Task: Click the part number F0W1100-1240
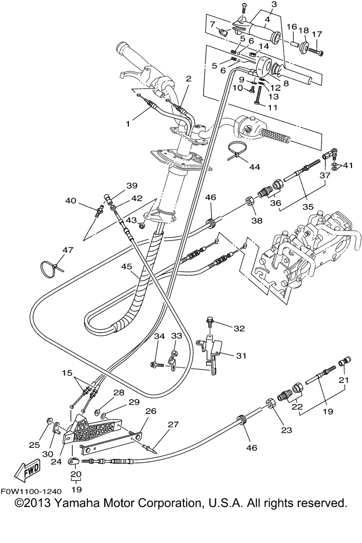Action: [x=31, y=491]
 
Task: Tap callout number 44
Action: [x=254, y=167]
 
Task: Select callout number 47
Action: [x=68, y=250]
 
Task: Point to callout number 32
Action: [x=239, y=328]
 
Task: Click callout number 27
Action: [x=174, y=425]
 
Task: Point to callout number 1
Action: [x=128, y=124]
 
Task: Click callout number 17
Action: [x=317, y=34]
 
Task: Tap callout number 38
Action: [x=257, y=221]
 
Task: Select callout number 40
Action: [x=71, y=201]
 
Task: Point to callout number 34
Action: [x=159, y=336]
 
